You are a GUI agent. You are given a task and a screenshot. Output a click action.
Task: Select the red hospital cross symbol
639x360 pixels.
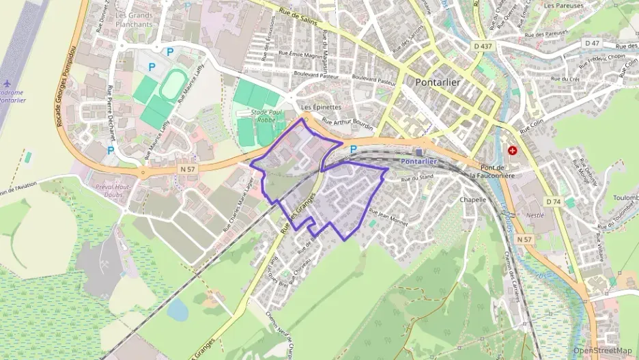click(x=512, y=150)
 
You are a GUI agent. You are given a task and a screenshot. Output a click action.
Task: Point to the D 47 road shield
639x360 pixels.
click(x=592, y=43)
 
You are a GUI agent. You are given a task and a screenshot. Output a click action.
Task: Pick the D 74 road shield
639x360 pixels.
click(x=553, y=202)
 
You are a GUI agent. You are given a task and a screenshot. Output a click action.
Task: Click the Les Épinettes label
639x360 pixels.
click(x=321, y=107)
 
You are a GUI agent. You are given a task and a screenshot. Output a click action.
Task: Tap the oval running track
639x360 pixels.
click(x=171, y=85)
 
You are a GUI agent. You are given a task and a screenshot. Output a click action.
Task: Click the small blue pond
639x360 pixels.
click(x=177, y=311)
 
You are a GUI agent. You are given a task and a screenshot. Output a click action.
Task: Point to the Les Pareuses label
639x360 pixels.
click(x=563, y=5)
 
